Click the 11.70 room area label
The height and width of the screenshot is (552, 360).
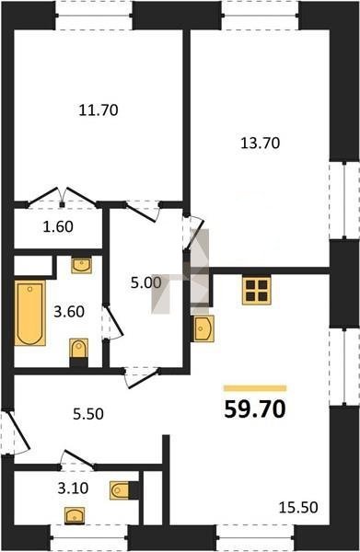(99, 110)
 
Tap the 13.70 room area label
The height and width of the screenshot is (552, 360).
(260, 144)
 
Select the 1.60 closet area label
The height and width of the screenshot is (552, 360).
(58, 226)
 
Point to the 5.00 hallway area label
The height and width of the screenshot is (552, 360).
(145, 282)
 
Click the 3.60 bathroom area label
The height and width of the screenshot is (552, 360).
(69, 312)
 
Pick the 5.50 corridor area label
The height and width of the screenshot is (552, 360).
(88, 414)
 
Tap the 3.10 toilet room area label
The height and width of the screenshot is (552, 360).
(73, 489)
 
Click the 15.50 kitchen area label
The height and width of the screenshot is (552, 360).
(298, 508)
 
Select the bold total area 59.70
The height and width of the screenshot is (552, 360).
(255, 409)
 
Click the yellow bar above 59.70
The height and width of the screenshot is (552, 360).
(255, 388)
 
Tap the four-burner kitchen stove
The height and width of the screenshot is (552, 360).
(257, 291)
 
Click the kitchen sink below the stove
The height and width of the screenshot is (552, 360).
(203, 328)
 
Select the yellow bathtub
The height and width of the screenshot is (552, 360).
(30, 313)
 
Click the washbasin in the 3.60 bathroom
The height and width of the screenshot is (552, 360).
(82, 265)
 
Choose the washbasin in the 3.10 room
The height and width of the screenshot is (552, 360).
(75, 516)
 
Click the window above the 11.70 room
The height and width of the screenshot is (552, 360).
(94, 16)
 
